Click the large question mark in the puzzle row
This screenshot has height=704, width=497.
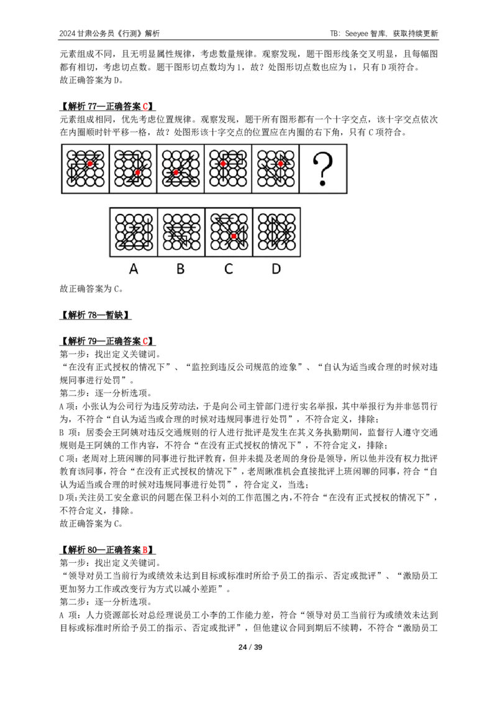322,169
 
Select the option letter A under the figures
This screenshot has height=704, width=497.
133,269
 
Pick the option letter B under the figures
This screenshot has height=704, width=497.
180,269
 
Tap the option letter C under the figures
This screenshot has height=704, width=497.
229,269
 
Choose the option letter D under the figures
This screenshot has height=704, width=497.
276,269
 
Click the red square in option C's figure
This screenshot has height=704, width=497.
234,236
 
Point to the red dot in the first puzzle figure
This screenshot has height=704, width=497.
90,164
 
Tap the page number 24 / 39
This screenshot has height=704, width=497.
250,647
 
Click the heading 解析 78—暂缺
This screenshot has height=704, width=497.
95,315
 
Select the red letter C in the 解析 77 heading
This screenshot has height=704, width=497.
145,106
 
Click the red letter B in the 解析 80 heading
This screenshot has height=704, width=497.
145,550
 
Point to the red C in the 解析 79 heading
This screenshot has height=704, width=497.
145,341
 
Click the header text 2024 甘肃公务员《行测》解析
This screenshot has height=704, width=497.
109,33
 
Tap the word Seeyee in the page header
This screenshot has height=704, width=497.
357,33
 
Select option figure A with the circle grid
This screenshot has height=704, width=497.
134,232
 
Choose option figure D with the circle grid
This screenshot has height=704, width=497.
276,232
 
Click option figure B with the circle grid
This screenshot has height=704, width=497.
181,232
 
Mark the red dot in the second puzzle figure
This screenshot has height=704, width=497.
138,172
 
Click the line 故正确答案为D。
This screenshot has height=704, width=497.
91,80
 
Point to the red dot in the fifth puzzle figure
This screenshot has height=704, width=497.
280,164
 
